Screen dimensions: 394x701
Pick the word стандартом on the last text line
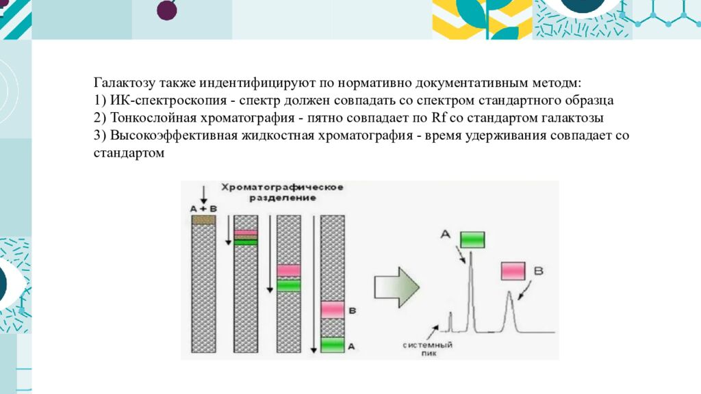pos(129,153)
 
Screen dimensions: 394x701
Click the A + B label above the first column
pos(203,208)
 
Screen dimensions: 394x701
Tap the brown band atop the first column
pos(203,220)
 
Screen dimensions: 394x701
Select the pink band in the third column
pos(289,270)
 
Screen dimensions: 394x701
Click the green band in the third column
pos(289,285)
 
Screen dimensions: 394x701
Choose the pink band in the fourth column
pos(333,310)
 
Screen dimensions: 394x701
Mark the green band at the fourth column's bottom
pos(333,345)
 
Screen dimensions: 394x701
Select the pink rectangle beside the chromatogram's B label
pos(513,271)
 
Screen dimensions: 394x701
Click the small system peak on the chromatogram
pos(450,319)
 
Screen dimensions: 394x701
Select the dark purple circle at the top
pos(167,10)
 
